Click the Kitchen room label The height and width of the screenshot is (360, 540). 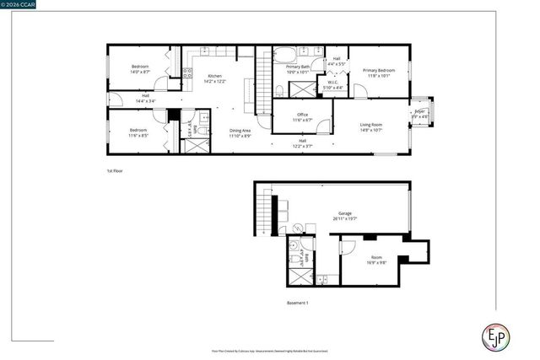point(214,77)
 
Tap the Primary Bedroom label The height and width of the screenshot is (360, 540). point(379,71)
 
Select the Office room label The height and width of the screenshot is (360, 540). point(303,115)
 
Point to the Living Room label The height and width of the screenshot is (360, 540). point(371,125)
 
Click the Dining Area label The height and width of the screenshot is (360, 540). point(240,130)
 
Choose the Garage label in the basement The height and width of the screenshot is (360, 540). point(345,213)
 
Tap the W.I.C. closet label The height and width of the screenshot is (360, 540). point(335,82)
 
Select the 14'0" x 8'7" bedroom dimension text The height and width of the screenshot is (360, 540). point(140,72)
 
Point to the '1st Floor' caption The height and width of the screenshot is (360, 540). point(116,171)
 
